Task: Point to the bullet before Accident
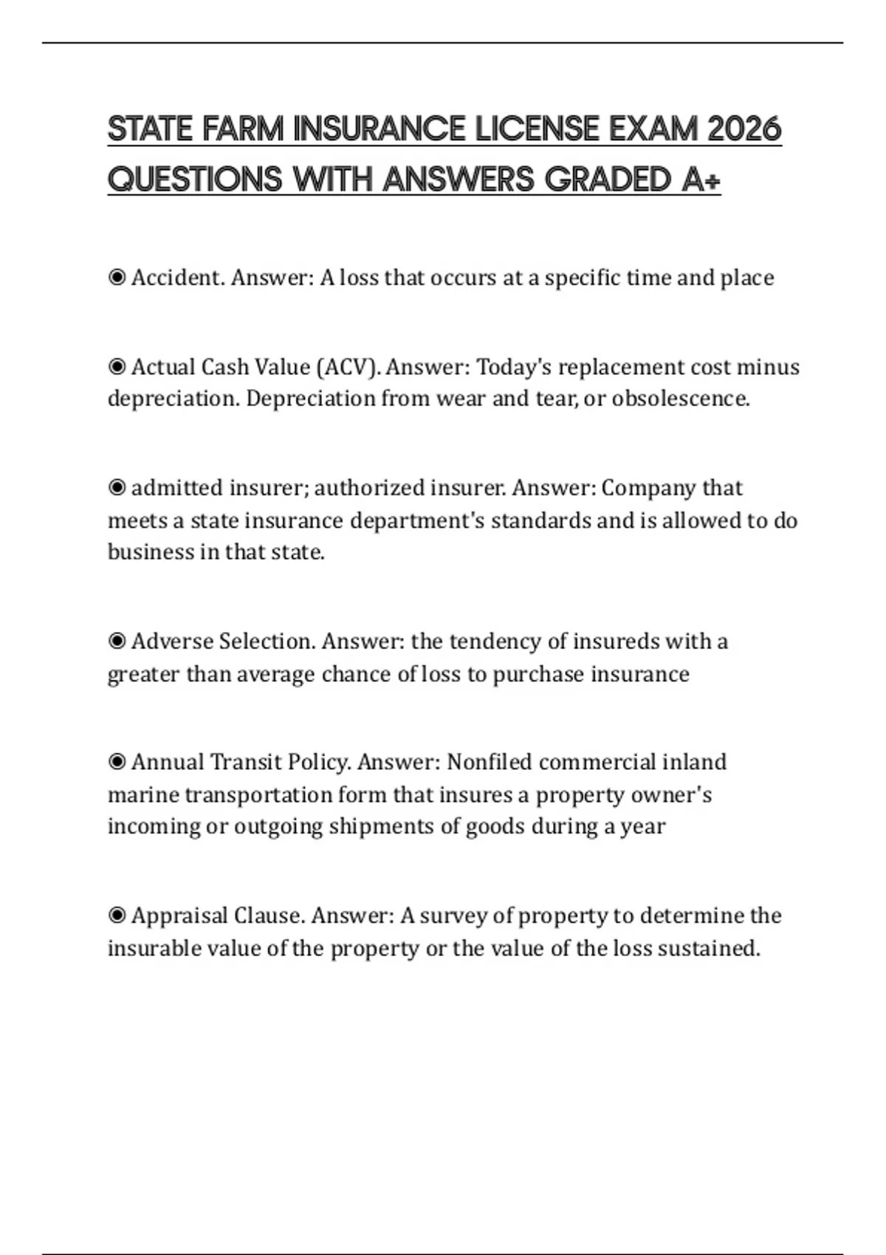pyautogui.click(x=117, y=278)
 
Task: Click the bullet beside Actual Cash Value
pyautogui.click(x=117, y=367)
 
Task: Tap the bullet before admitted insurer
pyautogui.click(x=117, y=488)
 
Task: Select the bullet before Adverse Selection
pyautogui.click(x=117, y=642)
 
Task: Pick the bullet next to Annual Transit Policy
pyautogui.click(x=117, y=762)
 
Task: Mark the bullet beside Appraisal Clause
pyautogui.click(x=117, y=916)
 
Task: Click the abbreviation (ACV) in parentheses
pyautogui.click(x=348, y=367)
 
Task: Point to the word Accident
pyautogui.click(x=178, y=278)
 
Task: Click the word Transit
pyautogui.click(x=246, y=762)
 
